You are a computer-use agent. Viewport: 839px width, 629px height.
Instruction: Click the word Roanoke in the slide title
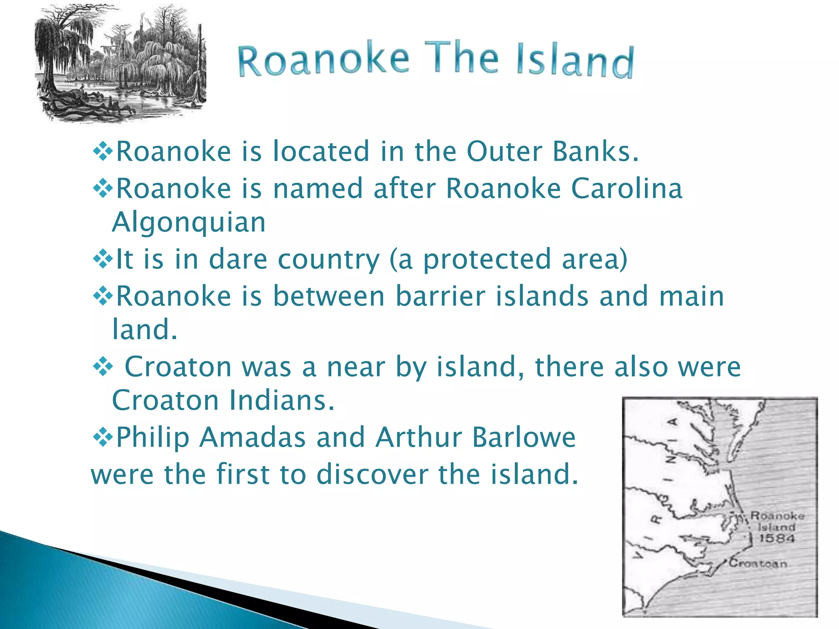[323, 61]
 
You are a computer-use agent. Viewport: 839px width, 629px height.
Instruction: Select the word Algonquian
[189, 222]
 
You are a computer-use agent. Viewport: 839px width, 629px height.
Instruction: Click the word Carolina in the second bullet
[626, 188]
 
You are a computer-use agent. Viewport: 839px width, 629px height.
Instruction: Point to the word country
[329, 259]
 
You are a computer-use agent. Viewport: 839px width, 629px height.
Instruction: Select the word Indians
[282, 400]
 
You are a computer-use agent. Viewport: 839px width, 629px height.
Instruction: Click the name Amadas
[252, 437]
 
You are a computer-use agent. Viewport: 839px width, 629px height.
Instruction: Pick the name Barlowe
[524, 437]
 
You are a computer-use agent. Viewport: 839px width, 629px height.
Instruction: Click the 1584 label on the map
[776, 538]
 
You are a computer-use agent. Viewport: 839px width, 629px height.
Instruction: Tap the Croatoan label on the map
[758, 563]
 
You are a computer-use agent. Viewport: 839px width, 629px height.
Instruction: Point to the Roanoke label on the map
[777, 516]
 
